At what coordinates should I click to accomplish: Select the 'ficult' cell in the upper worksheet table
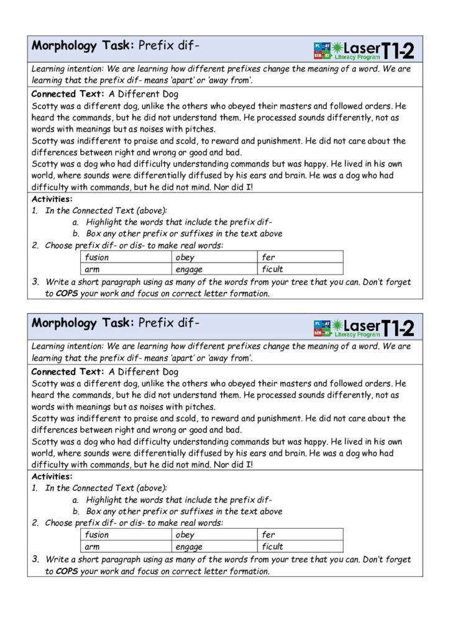[273, 270]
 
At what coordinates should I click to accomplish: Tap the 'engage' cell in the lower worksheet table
[189, 547]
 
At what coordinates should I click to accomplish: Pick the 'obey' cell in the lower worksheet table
[185, 535]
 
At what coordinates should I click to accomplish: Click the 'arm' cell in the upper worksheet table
[93, 270]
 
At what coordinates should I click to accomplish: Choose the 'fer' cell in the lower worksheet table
[269, 535]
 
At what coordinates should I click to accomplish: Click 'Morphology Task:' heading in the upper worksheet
[83, 45]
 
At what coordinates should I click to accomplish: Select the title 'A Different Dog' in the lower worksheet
[144, 372]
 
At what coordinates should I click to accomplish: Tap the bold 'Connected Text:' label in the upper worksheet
[67, 94]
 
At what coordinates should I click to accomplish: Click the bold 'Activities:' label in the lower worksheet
[52, 476]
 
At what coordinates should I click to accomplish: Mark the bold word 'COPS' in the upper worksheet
[67, 294]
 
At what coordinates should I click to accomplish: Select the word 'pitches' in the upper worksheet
[198, 129]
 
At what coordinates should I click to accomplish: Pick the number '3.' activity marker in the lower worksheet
[36, 560]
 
